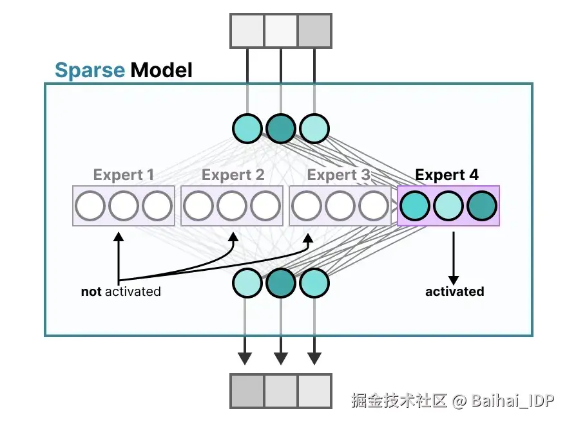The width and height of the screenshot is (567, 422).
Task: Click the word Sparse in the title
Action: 90,70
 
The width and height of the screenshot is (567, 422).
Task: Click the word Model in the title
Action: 161,69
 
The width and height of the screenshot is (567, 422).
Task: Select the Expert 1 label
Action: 124,175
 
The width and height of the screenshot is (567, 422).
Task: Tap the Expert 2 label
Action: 233,175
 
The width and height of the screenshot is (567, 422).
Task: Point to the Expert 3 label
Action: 339,175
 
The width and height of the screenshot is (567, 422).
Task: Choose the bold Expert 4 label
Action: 447,175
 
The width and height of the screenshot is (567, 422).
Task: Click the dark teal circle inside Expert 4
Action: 482,206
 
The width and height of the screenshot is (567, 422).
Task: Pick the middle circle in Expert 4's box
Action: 448,206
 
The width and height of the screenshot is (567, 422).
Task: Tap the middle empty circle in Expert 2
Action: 232,206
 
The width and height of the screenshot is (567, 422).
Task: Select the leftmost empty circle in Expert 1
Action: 90,206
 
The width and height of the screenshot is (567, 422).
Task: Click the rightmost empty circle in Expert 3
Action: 374,206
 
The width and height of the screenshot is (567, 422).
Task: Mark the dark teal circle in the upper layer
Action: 281,129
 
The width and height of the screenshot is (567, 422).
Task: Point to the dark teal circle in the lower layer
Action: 281,283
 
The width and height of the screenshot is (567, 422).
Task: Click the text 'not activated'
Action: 120,291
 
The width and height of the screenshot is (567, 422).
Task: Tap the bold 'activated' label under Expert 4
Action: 454,291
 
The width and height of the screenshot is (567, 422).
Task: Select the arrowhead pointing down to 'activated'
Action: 454,280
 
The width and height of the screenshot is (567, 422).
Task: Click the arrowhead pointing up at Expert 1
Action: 119,237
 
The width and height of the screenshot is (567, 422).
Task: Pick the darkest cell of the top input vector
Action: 314,31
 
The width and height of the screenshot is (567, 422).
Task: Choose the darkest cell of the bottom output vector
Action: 247,391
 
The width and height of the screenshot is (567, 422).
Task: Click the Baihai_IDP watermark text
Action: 513,401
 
